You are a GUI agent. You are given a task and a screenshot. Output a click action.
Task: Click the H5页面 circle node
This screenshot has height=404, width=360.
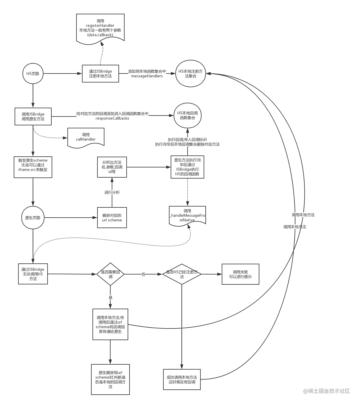coord(33,74)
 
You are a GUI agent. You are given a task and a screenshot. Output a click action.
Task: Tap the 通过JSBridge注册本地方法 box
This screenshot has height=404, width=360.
coord(100,74)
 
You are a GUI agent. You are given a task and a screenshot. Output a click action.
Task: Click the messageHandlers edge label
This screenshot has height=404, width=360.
coord(147,74)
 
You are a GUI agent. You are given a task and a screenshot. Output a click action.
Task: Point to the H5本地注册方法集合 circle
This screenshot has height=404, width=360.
coord(191,74)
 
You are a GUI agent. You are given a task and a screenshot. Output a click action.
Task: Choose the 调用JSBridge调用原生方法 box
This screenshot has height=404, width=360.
coord(33,116)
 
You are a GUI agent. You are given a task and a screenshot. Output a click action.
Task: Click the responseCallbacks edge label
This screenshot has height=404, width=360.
coord(112,116)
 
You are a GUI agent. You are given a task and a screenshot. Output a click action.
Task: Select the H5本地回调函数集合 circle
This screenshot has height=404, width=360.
coord(188,116)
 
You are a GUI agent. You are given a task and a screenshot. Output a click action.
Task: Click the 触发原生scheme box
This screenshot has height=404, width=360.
coord(33,167)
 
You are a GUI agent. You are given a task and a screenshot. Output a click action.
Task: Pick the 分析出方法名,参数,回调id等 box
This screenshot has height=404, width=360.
coord(112,167)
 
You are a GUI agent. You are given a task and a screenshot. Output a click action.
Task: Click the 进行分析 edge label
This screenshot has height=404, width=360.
coord(112,192)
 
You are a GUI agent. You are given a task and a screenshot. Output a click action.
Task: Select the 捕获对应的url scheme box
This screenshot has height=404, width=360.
coord(112,218)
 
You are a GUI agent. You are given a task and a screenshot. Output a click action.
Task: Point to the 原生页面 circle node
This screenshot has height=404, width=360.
coord(33,218)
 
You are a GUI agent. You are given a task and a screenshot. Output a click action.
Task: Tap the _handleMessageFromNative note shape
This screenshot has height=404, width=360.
coord(187,215)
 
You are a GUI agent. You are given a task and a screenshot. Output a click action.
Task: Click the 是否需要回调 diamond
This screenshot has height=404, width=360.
coord(111,274)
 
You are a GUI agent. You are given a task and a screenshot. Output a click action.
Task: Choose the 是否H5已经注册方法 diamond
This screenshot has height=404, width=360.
coord(182,274)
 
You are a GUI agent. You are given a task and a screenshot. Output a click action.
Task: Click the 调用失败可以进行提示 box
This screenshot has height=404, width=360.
coord(240,274)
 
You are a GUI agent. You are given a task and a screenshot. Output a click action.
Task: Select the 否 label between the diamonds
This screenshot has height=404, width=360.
coord(143,274)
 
